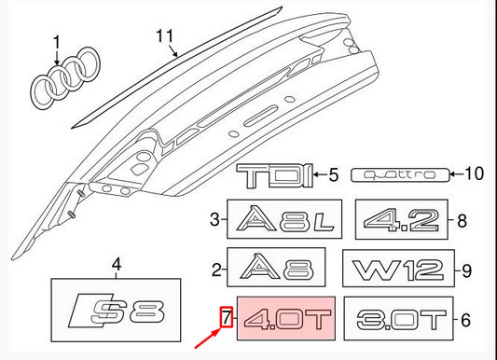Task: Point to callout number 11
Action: coord(166,36)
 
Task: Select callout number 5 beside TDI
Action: coord(331,173)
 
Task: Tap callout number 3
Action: coord(214,221)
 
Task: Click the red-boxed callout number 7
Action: coord(225,320)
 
